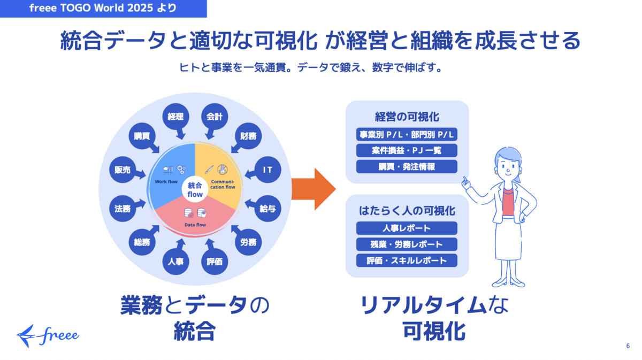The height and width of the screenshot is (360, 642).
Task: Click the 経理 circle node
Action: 176,117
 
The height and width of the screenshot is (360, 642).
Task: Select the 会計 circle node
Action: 215,117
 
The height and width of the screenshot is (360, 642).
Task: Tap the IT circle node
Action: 267,170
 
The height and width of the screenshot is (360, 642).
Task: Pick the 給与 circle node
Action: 267,209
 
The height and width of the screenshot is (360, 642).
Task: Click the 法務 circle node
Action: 123,209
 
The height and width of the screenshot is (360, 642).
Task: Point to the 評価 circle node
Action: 215,262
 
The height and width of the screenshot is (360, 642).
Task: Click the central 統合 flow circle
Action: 195,189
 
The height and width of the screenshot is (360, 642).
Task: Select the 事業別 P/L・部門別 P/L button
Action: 407,134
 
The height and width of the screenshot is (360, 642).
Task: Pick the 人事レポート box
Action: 407,228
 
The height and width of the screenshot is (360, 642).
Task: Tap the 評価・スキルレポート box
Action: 407,261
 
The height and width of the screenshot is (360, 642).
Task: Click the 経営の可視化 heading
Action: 407,116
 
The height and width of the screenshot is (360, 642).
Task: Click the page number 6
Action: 628,346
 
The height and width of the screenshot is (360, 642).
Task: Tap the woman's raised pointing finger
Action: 465,179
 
